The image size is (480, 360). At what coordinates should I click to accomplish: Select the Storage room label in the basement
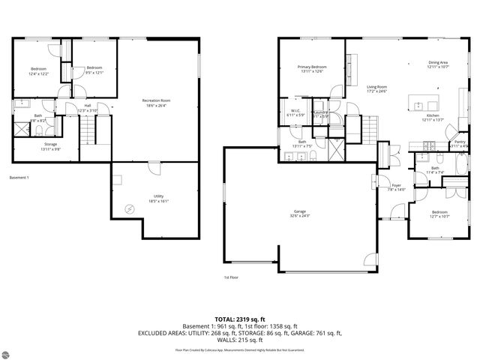coord(50,145)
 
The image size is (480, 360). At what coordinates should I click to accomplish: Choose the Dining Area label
coord(438,64)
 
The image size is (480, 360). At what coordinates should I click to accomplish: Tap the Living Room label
coord(376,88)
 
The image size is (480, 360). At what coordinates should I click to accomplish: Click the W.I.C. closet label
coord(295,112)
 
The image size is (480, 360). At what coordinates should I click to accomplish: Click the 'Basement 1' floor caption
coord(19,177)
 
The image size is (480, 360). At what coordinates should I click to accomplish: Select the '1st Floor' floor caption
coord(231,277)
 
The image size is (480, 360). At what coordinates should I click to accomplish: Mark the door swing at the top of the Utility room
coord(154,168)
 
